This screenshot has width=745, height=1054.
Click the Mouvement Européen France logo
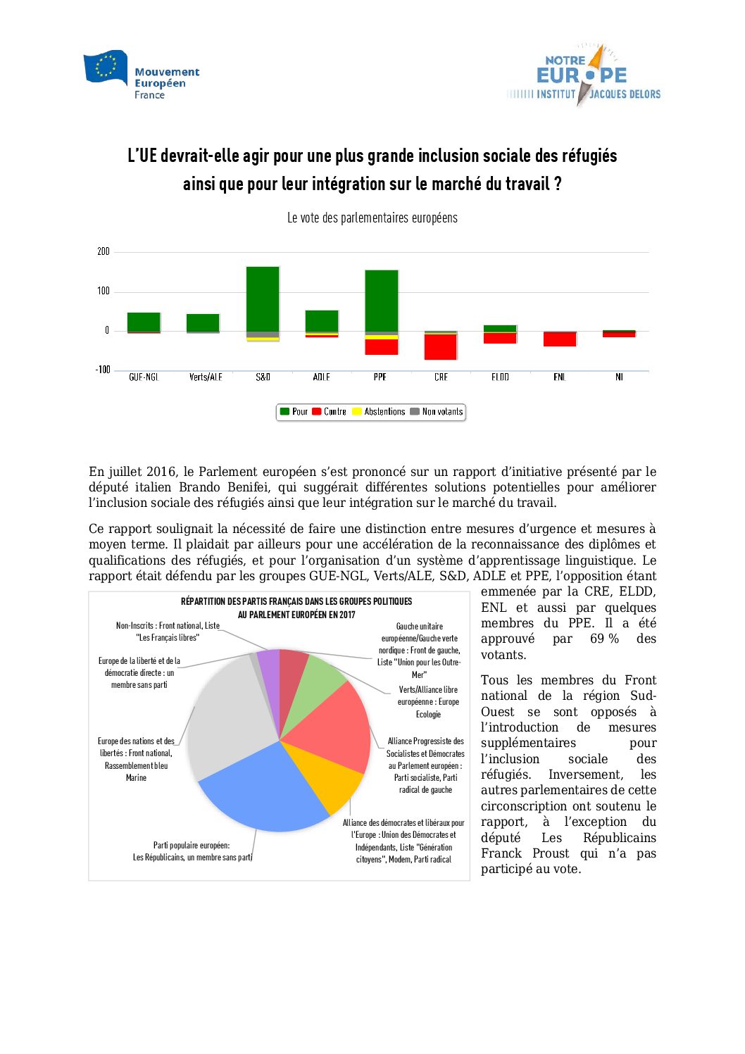coord(141,75)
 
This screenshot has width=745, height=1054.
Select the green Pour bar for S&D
coord(263,299)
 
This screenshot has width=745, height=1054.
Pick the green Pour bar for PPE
coord(381,301)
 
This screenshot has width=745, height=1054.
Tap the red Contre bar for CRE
coord(440,346)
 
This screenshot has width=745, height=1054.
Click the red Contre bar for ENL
coord(560,339)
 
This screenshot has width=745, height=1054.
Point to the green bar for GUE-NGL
coord(144,322)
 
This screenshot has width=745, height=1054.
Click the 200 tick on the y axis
coord(104,251)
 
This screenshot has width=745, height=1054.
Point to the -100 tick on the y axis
coord(103,370)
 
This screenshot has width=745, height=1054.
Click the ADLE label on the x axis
coord(322,377)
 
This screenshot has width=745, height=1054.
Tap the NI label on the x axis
coord(619,377)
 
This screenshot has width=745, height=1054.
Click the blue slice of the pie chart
coord(261,792)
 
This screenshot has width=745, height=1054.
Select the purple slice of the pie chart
coord(269,665)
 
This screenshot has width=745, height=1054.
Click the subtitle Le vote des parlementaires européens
coord(372,218)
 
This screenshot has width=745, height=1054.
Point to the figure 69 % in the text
coord(604,639)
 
